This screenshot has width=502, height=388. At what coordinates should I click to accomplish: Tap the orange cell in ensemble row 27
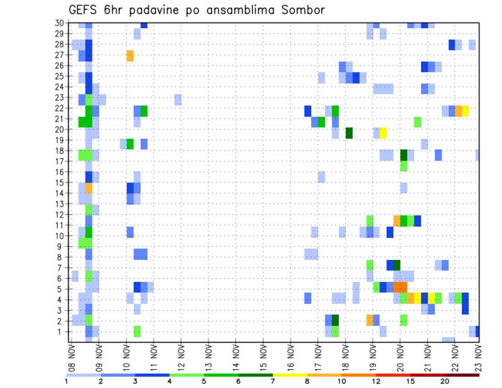click(130, 55)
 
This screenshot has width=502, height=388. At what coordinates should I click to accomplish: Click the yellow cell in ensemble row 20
click(383, 133)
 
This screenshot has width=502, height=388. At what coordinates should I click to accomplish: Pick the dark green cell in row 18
click(404, 155)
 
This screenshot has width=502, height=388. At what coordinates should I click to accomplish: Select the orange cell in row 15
click(89, 188)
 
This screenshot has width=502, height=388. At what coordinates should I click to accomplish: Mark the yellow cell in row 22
click(465, 111)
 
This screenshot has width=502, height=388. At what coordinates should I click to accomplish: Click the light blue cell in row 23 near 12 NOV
click(178, 99)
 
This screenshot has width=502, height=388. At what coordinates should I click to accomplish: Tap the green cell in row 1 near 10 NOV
click(137, 332)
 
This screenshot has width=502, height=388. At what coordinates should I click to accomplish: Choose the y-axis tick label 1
click(61, 332)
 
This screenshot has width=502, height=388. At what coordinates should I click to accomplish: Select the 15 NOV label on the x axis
click(264, 354)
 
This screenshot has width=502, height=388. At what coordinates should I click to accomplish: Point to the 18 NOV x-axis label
click(345, 354)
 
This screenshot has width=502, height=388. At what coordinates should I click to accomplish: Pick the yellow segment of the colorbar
click(290, 375)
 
